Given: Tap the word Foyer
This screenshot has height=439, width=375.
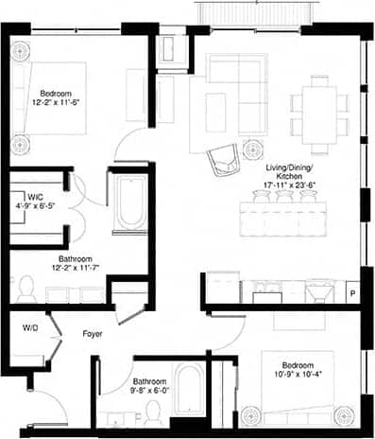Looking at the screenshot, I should click(93, 333).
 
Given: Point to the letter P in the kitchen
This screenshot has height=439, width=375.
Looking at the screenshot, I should click(352, 293).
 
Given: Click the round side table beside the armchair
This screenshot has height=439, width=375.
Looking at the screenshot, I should click(252, 149).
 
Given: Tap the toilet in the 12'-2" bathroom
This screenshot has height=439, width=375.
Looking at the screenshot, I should click(26, 290).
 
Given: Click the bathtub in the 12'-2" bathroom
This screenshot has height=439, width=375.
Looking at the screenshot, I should click(127, 202).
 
